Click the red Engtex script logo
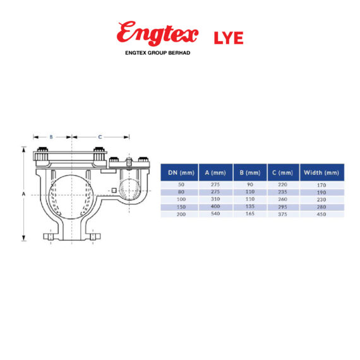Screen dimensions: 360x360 157,33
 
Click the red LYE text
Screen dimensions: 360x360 229,37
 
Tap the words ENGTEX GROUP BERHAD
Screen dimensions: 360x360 159,53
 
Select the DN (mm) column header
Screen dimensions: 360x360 178,172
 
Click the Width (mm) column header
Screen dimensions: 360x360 321,172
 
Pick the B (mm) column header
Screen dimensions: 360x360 250,172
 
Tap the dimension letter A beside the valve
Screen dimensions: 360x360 23,195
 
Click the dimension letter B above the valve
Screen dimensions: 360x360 52,136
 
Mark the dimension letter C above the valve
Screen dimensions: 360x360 100,136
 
